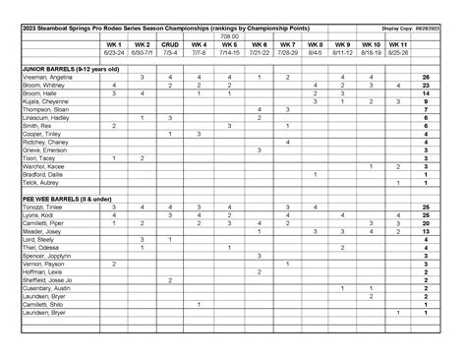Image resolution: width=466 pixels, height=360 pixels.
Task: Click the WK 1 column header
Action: click(x=114, y=45)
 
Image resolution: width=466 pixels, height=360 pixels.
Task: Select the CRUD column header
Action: click(x=170, y=45)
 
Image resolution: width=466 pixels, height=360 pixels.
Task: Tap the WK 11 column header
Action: click(x=398, y=45)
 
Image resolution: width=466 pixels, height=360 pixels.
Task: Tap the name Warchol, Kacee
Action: click(x=39, y=165)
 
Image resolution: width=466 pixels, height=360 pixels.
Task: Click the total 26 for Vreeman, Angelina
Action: click(x=427, y=76)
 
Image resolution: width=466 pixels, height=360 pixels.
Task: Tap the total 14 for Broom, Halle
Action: click(x=427, y=92)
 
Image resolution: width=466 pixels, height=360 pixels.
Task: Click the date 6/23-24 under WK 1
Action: click(x=114, y=54)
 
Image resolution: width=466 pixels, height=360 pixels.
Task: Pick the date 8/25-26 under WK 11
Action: click(x=398, y=54)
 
